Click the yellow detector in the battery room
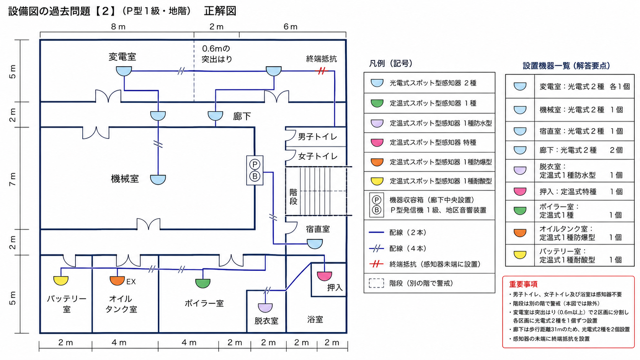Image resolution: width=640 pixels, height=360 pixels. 61,280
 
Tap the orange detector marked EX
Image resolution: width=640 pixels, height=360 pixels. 117,280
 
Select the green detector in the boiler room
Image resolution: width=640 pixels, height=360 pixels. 203,283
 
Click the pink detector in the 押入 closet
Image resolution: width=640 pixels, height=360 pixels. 325,276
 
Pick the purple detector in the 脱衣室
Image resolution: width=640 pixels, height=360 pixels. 265,308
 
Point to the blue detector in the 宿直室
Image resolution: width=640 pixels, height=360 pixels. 315,244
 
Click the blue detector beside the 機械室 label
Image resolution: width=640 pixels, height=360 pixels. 158,179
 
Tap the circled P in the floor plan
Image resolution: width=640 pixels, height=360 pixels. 255,165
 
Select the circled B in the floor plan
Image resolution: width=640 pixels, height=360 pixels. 255,176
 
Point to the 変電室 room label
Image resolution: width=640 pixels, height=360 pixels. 122,57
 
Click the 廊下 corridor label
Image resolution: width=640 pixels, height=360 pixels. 242,116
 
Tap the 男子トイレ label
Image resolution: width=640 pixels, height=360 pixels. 318,137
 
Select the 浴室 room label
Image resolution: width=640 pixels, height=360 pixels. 315,319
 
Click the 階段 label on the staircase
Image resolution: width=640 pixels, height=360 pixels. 294,197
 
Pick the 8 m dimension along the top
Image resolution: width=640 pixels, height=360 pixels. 118,27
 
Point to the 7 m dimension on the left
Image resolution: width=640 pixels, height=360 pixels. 13,179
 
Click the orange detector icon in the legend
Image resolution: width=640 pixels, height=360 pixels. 377,162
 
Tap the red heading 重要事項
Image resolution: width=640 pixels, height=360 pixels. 523,284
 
